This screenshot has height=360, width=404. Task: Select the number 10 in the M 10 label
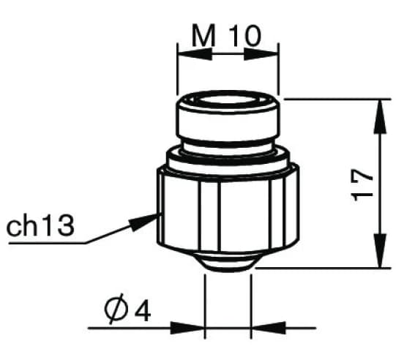click(x=243, y=36)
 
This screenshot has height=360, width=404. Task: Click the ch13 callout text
click(x=41, y=226)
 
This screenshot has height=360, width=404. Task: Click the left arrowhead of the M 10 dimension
click(x=186, y=53)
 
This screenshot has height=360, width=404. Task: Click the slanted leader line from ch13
click(x=110, y=233)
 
